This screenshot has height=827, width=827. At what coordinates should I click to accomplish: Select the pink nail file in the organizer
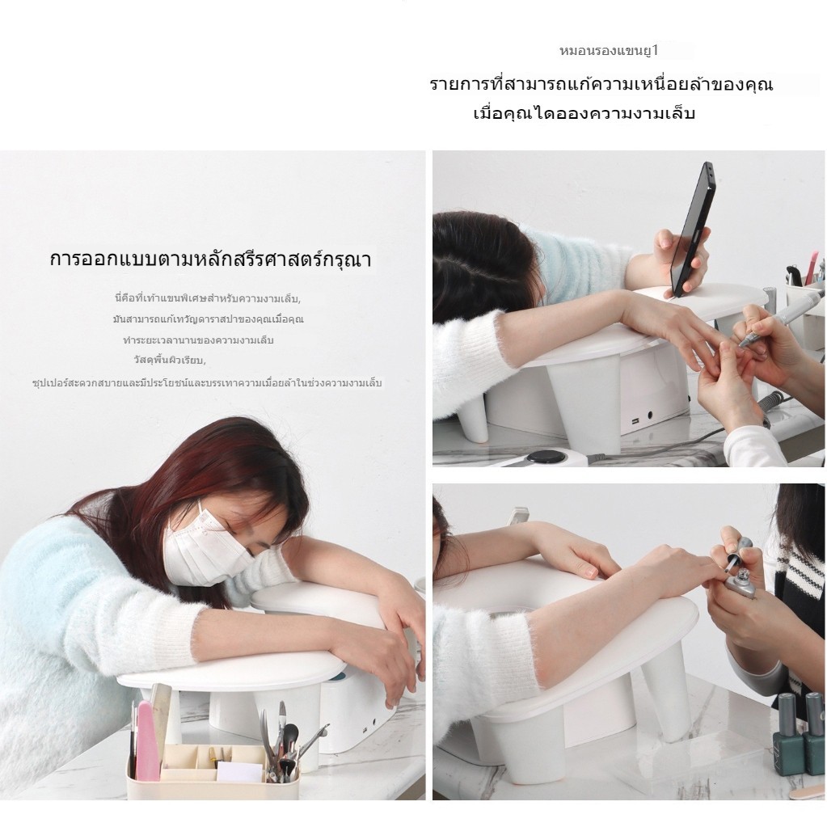tap(147, 741)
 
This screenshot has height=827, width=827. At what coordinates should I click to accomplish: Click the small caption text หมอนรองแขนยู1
tap(610, 51)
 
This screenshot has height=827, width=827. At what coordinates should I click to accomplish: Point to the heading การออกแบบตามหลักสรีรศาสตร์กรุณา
tap(210, 259)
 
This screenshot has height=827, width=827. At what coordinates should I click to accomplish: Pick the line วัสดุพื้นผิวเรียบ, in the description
tap(170, 361)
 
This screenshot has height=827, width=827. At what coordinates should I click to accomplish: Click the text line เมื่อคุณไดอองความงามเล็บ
tap(584, 113)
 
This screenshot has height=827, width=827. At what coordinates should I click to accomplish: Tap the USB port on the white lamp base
tap(635, 421)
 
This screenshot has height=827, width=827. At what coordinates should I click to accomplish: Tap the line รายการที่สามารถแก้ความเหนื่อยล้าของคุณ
tap(601, 84)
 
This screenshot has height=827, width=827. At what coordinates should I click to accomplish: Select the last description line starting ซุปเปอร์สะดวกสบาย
tap(207, 382)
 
